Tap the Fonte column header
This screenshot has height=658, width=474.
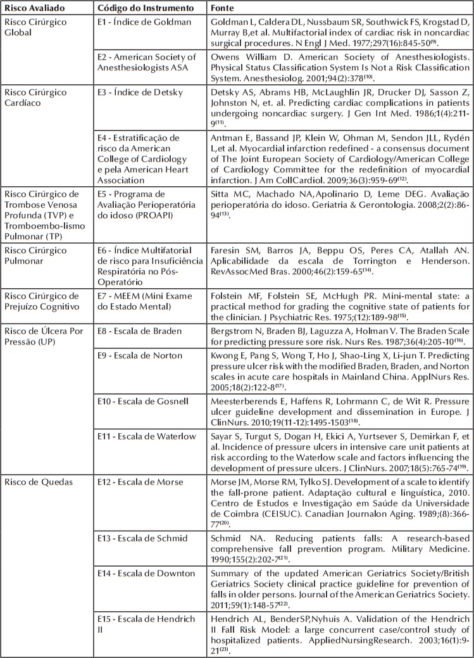[x=225, y=7]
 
